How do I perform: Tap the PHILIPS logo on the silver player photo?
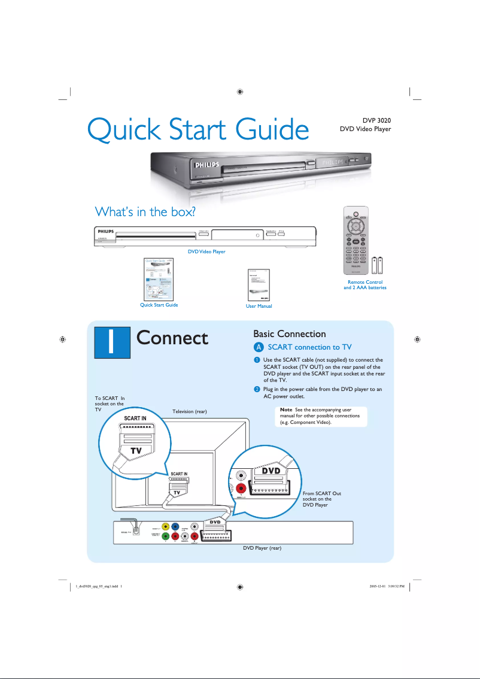point(205,163)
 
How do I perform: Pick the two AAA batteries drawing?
point(377,265)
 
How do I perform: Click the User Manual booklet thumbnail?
point(259,284)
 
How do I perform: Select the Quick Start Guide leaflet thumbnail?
point(159,278)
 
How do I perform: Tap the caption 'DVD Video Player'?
point(206,251)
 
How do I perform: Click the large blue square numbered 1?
point(113,339)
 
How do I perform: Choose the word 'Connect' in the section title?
point(172,338)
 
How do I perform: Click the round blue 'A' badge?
point(258,347)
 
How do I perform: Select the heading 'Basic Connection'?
point(290,334)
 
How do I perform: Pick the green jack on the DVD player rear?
point(165,536)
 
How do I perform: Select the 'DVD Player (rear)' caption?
point(262,548)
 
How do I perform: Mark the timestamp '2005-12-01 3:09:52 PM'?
point(387,586)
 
